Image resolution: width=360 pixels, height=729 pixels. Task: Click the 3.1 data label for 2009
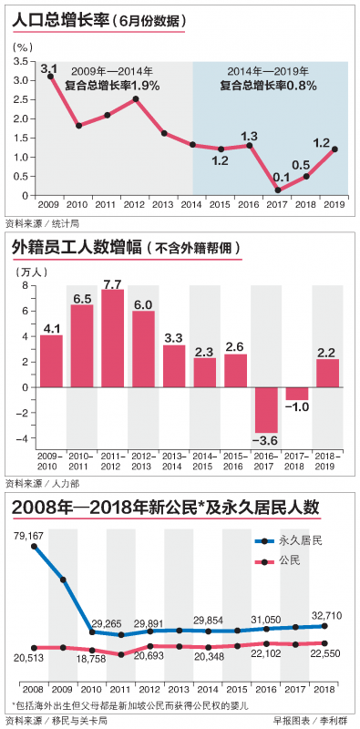[x=49, y=68]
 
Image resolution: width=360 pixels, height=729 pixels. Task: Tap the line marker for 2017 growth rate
[x=276, y=190]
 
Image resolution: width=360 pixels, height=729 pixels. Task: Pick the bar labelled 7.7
[x=113, y=338]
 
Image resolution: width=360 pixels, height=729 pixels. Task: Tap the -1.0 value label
[x=297, y=406]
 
